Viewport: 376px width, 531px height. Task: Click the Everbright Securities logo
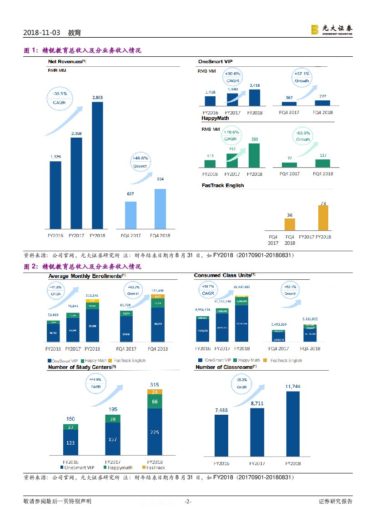331,30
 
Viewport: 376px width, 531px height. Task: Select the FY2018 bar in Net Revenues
97,166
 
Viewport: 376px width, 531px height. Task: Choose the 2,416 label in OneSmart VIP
255,85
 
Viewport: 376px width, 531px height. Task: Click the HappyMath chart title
215,118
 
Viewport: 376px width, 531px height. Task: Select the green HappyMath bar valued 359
255,155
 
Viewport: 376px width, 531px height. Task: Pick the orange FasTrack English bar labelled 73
323,219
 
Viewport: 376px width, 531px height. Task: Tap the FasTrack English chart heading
223,185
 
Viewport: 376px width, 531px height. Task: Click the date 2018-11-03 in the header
41,33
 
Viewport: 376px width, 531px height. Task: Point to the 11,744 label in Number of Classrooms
293,387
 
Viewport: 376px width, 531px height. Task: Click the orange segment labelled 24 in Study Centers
154,392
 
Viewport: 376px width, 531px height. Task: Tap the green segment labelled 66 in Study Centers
154,402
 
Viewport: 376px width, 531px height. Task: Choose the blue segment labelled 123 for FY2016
70,442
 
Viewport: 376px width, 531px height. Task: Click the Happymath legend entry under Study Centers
118,467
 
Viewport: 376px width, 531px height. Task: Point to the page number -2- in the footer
188,501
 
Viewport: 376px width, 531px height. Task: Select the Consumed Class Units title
222,276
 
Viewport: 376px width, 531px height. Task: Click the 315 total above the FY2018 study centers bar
154,385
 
